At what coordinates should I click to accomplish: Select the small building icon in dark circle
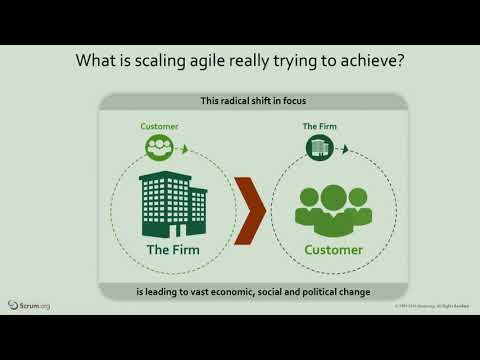(x=320, y=147)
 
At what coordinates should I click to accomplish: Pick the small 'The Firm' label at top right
(x=320, y=126)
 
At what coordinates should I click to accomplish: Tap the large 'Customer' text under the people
(x=334, y=250)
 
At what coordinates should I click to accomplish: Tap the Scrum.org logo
(x=29, y=304)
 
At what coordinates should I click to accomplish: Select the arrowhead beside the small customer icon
(x=186, y=149)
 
